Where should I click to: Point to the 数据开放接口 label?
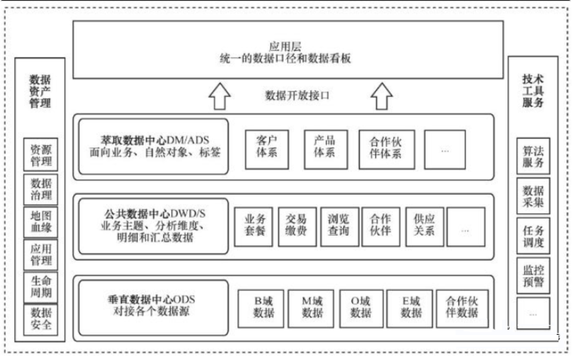pyautogui.click(x=297, y=95)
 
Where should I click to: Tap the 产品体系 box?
pyautogui.click(x=324, y=149)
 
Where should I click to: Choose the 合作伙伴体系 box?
pyautogui.click(x=386, y=149)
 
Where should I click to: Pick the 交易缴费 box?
pyautogui.click(x=297, y=227)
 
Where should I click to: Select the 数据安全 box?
pyautogui.click(x=41, y=319)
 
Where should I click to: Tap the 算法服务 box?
pyautogui.click(x=533, y=156)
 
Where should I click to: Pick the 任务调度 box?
pyautogui.click(x=533, y=236)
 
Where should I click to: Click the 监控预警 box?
pyautogui.click(x=533, y=276)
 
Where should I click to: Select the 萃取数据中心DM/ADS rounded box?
pyautogui.click(x=153, y=145)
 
